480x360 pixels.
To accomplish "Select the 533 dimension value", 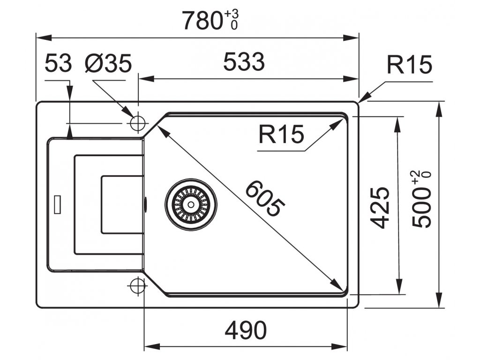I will click(244, 62).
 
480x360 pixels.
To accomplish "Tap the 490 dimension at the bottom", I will click(245, 331).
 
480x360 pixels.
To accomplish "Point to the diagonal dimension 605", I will click(265, 199).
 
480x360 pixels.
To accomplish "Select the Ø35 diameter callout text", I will click(108, 63).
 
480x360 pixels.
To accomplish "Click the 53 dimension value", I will click(58, 63).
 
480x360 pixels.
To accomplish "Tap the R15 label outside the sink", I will click(409, 65).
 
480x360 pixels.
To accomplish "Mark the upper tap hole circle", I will click(137, 123).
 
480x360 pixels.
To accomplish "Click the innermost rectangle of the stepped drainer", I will click(122, 204).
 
